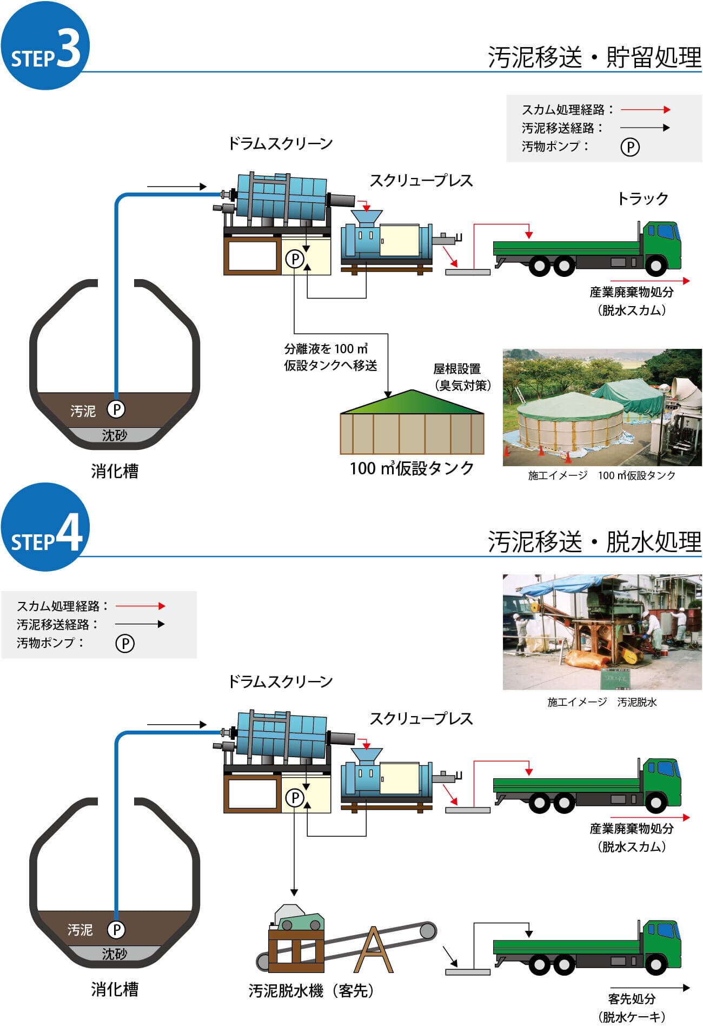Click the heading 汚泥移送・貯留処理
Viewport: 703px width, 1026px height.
click(x=594, y=57)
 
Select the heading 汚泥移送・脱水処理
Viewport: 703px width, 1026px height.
click(x=594, y=541)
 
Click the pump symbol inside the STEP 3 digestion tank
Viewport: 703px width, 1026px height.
click(x=116, y=409)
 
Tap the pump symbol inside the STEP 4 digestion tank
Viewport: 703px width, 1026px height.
click(x=116, y=929)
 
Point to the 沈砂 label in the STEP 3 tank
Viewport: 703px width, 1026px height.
click(x=114, y=435)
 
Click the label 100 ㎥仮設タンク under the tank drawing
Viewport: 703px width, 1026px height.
click(x=412, y=468)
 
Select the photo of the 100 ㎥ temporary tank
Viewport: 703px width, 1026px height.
click(x=602, y=407)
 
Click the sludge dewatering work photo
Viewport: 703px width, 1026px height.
click(x=602, y=632)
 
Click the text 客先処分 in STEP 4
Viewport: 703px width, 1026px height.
click(x=632, y=998)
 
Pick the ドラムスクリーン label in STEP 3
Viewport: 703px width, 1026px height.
click(x=280, y=144)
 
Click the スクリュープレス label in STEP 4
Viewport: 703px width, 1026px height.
click(x=421, y=719)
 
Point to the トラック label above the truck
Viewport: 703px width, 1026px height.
click(x=643, y=199)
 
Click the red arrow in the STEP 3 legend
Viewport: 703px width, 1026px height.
click(x=645, y=110)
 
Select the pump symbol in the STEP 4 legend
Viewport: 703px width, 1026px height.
click(x=125, y=644)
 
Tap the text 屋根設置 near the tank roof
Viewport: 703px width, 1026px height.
click(x=457, y=369)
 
